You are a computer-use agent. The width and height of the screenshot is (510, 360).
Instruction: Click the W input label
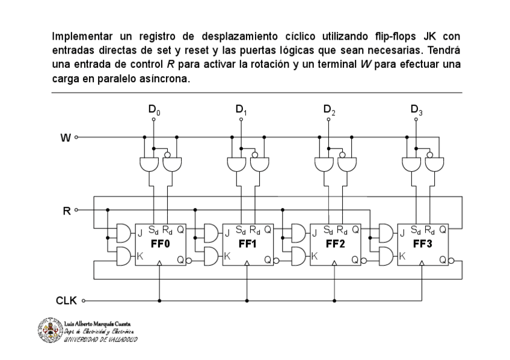click(65, 138)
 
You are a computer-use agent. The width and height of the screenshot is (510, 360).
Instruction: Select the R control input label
click(66, 210)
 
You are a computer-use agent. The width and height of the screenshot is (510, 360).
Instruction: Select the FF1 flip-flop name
click(247, 244)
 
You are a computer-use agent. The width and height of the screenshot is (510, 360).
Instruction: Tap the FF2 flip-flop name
click(335, 244)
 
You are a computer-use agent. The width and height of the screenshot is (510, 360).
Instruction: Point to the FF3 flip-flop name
click(422, 244)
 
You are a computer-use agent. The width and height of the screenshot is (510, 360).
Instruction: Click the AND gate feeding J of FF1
click(211, 232)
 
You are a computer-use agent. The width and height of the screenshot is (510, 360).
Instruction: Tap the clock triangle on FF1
click(247, 263)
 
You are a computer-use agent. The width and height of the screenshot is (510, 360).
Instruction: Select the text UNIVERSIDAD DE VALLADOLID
click(100, 339)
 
